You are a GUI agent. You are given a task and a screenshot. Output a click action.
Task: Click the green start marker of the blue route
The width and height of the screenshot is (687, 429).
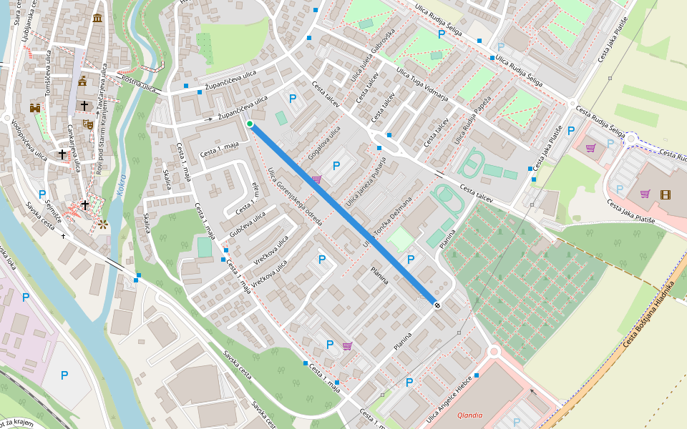coord(250,124)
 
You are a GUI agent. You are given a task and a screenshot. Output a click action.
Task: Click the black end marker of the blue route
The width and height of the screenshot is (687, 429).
coord(437,305)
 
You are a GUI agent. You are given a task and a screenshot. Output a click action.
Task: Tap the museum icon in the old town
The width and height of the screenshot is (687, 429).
coord(97,17)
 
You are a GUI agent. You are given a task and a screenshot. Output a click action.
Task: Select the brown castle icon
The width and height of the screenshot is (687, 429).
coord(34,107)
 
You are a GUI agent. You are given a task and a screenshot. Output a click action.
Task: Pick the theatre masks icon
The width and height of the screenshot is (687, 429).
coord(88,124)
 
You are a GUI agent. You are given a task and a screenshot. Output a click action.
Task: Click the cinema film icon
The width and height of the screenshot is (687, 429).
coord(666,194)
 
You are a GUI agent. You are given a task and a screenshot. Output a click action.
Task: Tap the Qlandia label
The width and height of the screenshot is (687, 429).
coord(469,415)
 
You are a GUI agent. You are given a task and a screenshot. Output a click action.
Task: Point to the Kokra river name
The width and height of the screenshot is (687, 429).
coord(122,185)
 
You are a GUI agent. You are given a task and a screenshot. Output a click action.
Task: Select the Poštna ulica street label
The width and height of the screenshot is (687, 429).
coord(139,84)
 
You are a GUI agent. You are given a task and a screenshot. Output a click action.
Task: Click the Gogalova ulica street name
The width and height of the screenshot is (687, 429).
coord(324,143)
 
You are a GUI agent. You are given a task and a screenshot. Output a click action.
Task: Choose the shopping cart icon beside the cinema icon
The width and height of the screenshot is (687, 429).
coord(645,194)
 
